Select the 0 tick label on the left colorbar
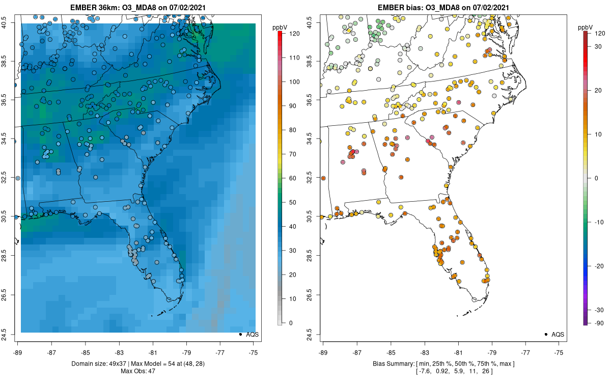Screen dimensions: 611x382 coord(291,323)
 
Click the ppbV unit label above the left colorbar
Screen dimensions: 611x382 coord(280,28)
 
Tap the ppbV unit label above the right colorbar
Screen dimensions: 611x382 coord(586,28)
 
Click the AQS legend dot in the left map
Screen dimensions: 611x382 coord(240,334)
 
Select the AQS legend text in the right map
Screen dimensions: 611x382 coord(558,335)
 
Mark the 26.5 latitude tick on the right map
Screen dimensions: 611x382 coord(316,295)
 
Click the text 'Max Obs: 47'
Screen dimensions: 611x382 coord(138,371)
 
